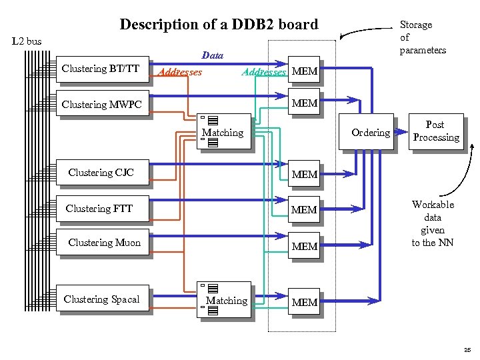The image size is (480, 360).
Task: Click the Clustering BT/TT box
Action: (101, 69)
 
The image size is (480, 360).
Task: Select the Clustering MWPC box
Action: (101, 105)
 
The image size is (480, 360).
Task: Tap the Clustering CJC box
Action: (101, 173)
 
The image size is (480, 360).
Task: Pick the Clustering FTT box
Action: (101, 209)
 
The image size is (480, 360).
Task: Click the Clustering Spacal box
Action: (101, 299)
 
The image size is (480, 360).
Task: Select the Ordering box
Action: (370, 133)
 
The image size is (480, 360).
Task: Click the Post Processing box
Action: (435, 131)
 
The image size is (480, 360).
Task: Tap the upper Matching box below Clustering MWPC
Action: (224, 131)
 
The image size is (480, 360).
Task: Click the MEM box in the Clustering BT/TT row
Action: (305, 71)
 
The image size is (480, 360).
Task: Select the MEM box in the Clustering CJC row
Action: (305, 175)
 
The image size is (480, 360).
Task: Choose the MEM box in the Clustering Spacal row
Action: (305, 303)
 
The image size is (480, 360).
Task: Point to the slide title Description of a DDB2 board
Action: (219, 25)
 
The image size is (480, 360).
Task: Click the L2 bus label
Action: (27, 41)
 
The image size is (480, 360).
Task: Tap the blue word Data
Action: (212, 55)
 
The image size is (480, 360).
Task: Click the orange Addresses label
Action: (177, 71)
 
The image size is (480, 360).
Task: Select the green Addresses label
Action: (264, 71)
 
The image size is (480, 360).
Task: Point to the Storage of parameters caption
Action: (423, 37)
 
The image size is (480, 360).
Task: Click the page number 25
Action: (467, 349)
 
